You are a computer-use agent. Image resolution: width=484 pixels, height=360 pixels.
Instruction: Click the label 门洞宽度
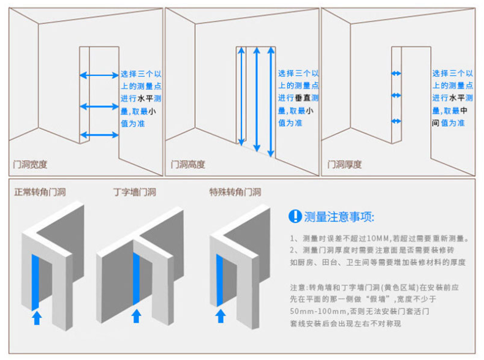click(31, 164)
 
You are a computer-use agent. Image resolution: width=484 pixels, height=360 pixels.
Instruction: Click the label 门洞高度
click(187, 164)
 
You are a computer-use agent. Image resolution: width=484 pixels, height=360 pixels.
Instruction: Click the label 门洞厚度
click(344, 164)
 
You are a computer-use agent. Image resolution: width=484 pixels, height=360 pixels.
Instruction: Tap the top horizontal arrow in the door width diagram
click(99, 75)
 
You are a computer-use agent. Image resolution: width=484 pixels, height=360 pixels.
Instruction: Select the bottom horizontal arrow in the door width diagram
click(99, 134)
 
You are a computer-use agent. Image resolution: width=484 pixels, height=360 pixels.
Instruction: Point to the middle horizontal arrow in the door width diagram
click(99, 107)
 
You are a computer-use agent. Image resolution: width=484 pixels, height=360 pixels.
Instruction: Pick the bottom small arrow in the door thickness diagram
click(396, 122)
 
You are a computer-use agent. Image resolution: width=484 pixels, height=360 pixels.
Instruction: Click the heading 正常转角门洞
click(40, 192)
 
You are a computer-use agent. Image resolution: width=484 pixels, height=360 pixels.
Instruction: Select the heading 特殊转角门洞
click(235, 192)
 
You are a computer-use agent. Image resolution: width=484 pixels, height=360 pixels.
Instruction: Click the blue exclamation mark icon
click(295, 216)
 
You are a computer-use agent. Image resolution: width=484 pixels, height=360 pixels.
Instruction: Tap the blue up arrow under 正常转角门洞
click(36, 317)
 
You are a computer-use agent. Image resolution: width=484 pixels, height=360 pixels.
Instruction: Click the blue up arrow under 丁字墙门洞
click(137, 316)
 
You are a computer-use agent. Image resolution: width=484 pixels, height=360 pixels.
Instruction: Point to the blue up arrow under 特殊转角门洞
click(219, 315)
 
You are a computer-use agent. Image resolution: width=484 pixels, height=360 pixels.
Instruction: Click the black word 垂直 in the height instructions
click(302, 98)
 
